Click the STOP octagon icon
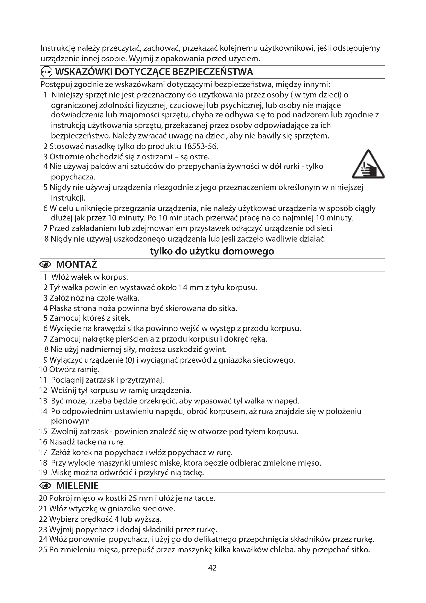point(47,72)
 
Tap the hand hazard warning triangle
point(368,165)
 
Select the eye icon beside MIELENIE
point(46,486)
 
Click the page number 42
point(212,568)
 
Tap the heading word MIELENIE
point(77,486)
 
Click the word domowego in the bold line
point(248,251)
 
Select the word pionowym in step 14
point(71,421)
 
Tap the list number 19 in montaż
point(43,473)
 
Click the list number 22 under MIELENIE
point(43,519)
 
